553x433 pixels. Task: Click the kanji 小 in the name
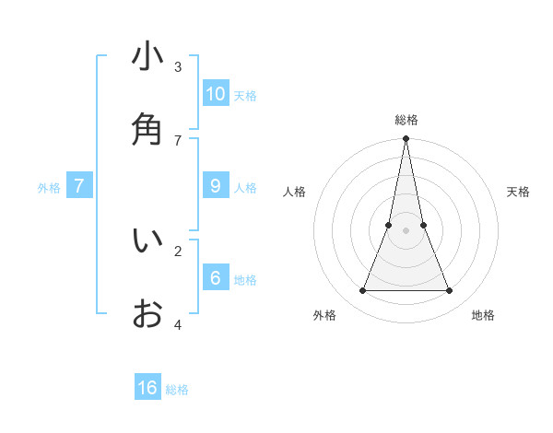[147, 56]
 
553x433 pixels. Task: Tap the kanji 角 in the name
[147, 129]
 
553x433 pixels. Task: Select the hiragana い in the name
[147, 240]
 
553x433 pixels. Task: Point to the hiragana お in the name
[147, 314]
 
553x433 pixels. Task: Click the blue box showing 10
[215, 93]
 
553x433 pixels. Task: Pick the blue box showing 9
[215, 186]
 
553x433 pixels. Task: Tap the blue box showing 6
[215, 278]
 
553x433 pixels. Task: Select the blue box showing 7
[79, 186]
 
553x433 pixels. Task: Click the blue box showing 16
[147, 388]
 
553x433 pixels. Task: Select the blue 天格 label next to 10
[245, 96]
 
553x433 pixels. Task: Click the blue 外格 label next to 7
[49, 188]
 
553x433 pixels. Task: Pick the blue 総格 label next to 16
[177, 390]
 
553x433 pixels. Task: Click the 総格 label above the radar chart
[406, 120]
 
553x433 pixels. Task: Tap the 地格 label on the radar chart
[483, 315]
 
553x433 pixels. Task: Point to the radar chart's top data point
[406, 139]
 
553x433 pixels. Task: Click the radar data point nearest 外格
[362, 291]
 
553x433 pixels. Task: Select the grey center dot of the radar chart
[406, 230]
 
